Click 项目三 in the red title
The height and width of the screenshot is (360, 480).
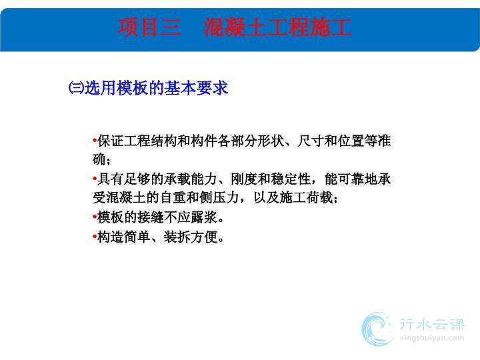(149, 27)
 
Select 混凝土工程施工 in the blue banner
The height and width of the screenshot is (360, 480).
(277, 27)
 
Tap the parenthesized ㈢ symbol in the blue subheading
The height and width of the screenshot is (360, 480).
(76, 88)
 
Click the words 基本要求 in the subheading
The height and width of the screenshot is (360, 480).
(196, 88)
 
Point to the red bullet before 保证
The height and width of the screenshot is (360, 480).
(95, 141)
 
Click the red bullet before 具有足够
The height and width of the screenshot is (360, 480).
(95, 179)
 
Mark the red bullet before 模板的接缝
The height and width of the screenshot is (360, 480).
(95, 217)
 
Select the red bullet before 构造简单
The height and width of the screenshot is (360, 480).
(95, 236)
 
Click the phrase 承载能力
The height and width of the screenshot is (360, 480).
(191, 179)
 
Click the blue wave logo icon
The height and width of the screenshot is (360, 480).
(377, 329)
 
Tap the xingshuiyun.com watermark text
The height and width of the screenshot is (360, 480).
(432, 338)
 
